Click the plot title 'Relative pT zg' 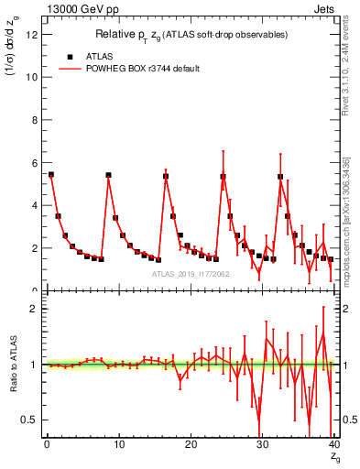click(191, 34)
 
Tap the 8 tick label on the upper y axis click(35, 120)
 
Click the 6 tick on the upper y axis click(35, 163)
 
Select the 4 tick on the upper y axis click(35, 205)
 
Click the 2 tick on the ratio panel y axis click(35, 309)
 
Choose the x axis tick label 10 click(118, 444)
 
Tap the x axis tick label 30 click(263, 444)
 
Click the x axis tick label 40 click(334, 444)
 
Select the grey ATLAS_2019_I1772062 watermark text click(191, 274)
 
